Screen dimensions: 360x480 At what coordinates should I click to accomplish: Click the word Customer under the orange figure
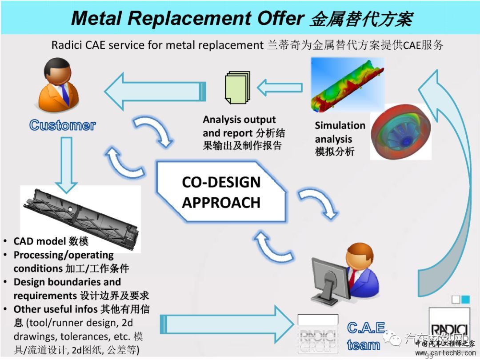(62, 125)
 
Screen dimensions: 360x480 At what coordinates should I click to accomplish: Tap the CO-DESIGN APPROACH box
(221, 192)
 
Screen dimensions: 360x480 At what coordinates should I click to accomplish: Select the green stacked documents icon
(235, 88)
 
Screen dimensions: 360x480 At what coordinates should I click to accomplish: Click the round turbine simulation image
(400, 132)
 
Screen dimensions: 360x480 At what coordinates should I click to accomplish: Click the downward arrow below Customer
(66, 164)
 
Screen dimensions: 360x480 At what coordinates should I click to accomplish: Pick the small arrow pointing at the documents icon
(280, 87)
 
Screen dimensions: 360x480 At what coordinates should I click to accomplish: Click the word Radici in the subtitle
(66, 45)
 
